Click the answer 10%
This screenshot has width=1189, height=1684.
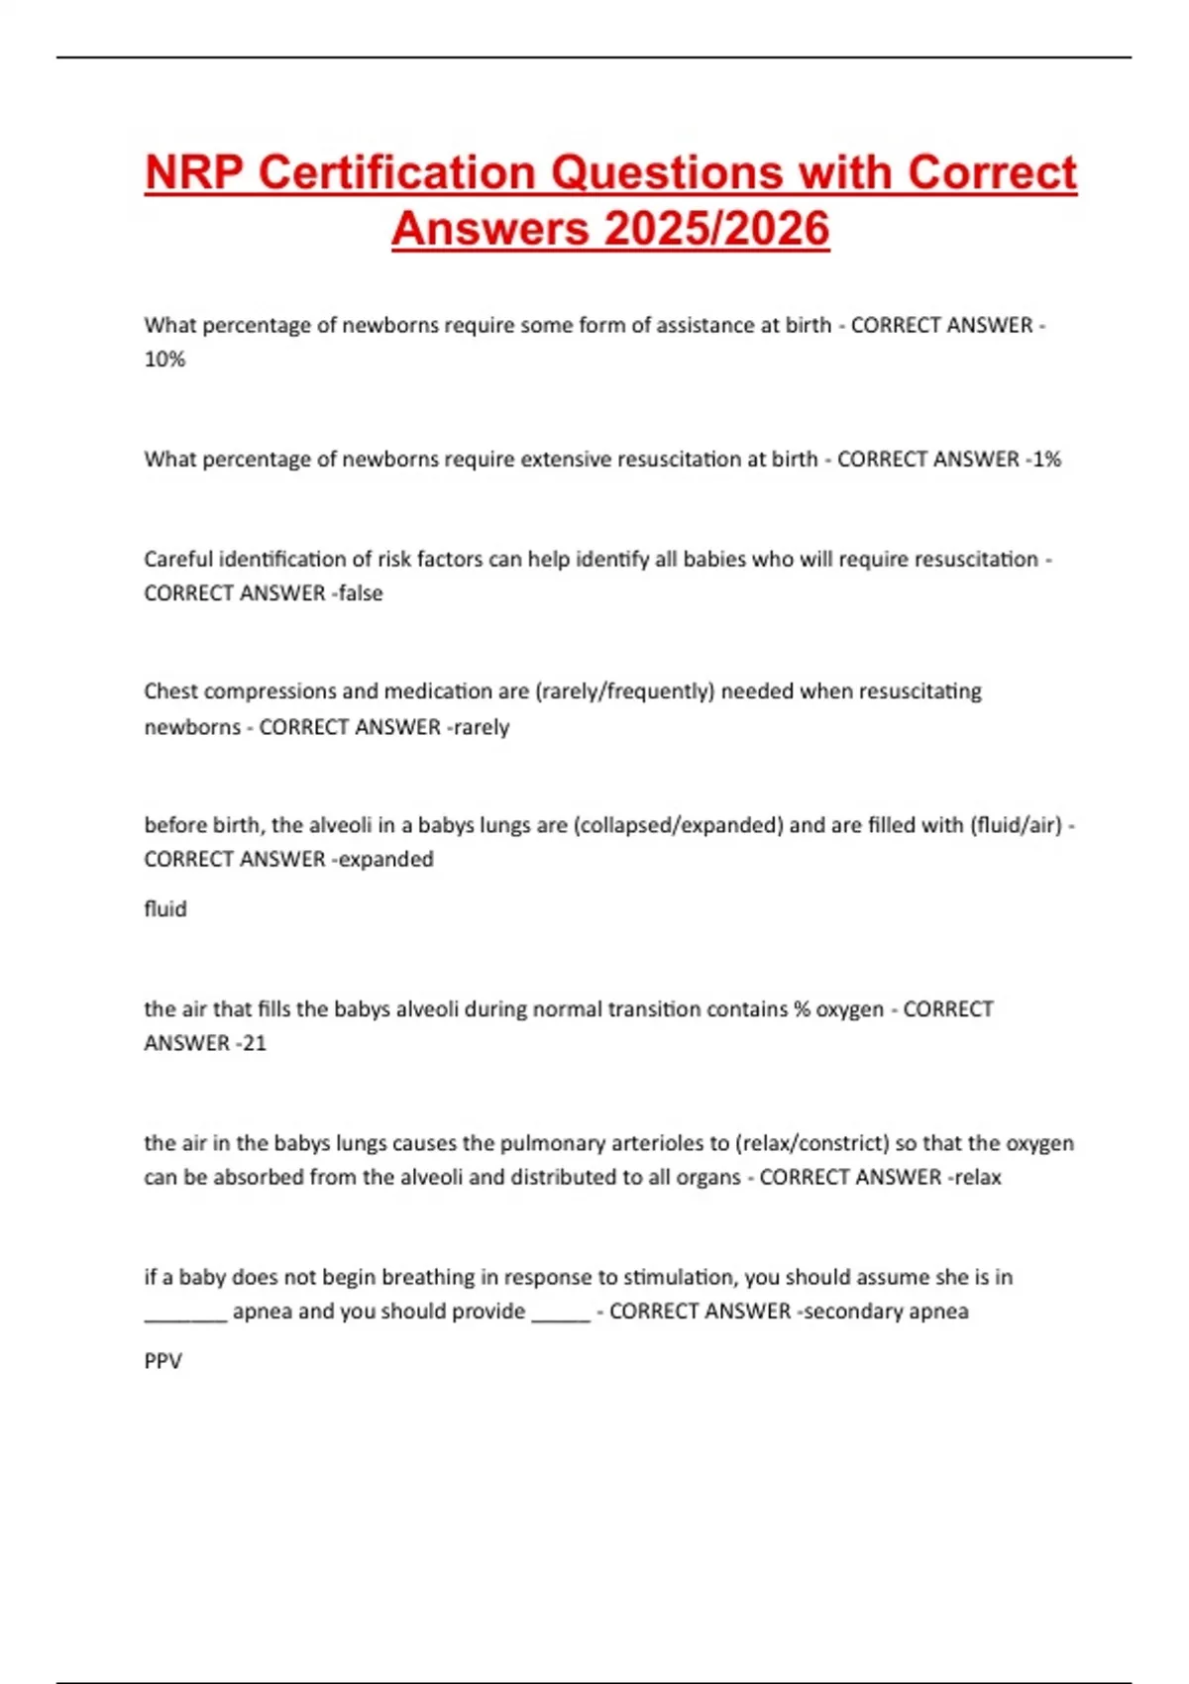coord(164,360)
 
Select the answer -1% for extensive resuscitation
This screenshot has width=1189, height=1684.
coord(1042,460)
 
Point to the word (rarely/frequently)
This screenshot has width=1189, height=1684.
coord(624,691)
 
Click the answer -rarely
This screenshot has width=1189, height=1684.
coord(479,727)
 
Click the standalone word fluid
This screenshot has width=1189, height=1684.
coord(164,909)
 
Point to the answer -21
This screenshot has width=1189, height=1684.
coord(251,1043)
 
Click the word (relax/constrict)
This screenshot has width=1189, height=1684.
coord(811,1143)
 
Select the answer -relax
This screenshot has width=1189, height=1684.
coord(975,1178)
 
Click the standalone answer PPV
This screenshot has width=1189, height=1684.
coord(162,1361)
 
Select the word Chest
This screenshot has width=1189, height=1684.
coord(170,691)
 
